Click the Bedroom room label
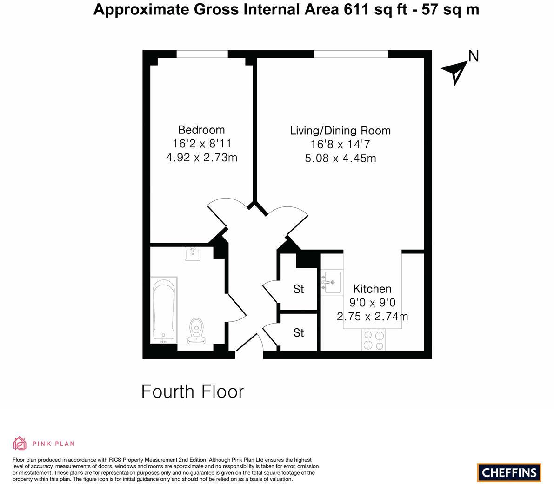pos(201,130)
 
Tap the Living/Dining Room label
pos(340,131)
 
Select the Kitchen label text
pos(372,289)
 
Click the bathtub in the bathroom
pos(163,310)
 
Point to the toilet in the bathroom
pos(198,330)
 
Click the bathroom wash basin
pos(192,254)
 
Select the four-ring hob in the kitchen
pos(374,340)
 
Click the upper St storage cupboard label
pos(298,289)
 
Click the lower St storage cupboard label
pos(298,333)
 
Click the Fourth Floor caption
pos(192,391)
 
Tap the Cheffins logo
pos(509,473)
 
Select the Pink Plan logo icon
pos(20,444)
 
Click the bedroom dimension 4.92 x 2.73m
pos(201,158)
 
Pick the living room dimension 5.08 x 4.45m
pos(340,158)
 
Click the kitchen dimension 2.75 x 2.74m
pos(372,317)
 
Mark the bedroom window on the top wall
pos(202,54)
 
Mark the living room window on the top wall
pos(350,54)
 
